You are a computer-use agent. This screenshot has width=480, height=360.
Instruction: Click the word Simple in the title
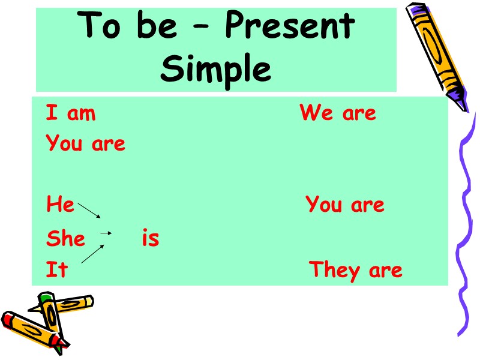pyautogui.click(x=216, y=70)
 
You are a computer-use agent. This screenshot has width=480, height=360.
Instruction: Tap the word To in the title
pyautogui.click(x=100, y=28)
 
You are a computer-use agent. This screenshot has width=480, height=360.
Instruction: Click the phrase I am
pyautogui.click(x=71, y=113)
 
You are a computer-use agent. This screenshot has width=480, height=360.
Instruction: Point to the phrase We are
pyautogui.click(x=338, y=113)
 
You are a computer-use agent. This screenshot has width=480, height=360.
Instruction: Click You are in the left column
pyautogui.click(x=86, y=144)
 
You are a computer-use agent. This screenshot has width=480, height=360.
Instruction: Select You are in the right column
pyautogui.click(x=345, y=205)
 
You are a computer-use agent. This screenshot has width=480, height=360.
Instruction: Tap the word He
pyautogui.click(x=60, y=205)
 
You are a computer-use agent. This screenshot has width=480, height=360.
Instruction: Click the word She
pyautogui.click(x=66, y=239)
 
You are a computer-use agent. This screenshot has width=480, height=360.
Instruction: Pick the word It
pyautogui.click(x=57, y=271)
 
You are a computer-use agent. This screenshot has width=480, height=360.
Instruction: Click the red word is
pyautogui.click(x=151, y=239)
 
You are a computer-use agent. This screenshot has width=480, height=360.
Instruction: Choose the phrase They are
pyautogui.click(x=356, y=271)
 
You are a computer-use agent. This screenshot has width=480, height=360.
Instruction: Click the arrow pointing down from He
pyautogui.click(x=89, y=211)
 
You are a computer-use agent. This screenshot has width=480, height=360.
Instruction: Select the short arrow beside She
pyautogui.click(x=106, y=233)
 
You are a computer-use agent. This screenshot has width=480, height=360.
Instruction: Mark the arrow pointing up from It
pyautogui.click(x=92, y=254)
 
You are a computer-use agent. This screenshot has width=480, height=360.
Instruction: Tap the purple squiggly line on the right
pyautogui.click(x=465, y=228)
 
